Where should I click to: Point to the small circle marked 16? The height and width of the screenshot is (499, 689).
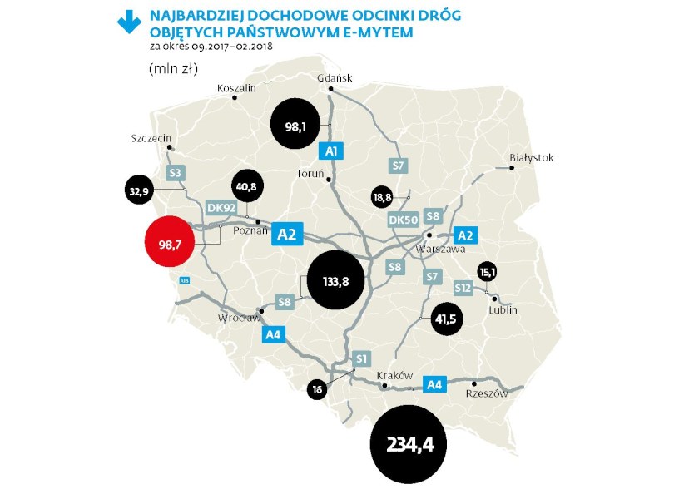tap(317, 388)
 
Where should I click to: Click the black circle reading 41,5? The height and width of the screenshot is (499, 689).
tap(448, 319)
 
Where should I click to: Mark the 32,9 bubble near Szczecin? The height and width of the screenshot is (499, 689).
tap(138, 191)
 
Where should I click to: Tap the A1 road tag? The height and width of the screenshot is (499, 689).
tap(331, 151)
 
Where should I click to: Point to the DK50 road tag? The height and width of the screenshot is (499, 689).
tap(403, 220)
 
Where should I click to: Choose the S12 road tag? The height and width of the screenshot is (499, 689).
tap(463, 287)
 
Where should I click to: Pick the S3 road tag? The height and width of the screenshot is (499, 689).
tap(175, 173)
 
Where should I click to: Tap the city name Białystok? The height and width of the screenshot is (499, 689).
tap(531, 157)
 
